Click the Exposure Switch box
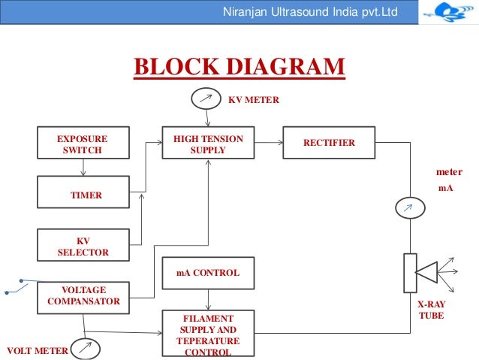point(82,144)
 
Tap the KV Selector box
point(82,247)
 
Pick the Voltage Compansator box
point(82,296)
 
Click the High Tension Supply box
point(208,144)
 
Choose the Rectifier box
point(328,143)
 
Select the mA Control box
point(208,273)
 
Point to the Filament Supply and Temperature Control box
point(208,334)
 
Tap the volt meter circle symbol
point(87,349)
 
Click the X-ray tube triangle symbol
point(427,272)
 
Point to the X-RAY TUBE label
point(431,311)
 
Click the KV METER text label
point(253,98)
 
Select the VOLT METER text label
point(38,350)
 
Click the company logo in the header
point(449,13)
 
